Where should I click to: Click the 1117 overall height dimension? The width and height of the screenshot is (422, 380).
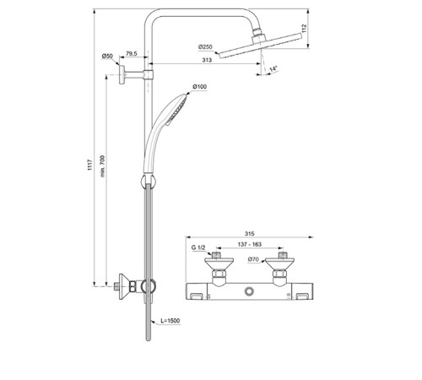point(89,165)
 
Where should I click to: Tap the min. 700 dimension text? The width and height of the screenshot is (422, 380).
point(103,166)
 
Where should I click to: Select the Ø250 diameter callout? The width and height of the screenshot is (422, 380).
point(205,46)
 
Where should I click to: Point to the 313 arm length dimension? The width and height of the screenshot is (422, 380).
point(207,60)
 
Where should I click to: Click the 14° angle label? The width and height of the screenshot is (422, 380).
point(273,68)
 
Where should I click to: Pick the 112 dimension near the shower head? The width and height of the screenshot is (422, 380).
point(304,29)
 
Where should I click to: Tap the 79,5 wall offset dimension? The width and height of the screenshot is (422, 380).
point(132,53)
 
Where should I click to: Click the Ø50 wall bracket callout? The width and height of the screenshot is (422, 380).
point(107,56)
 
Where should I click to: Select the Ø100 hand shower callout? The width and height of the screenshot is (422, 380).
point(200,87)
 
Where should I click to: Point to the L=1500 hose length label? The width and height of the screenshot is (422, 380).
point(170,321)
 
